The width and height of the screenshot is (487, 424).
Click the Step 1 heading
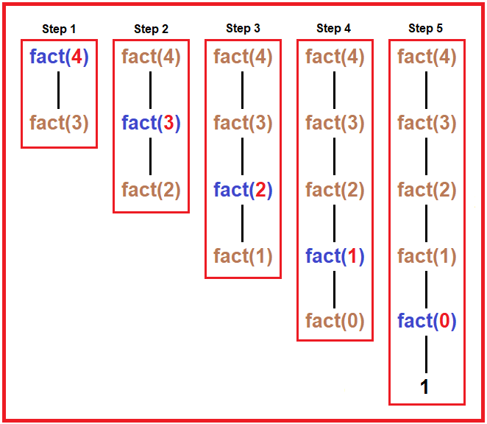click(x=59, y=29)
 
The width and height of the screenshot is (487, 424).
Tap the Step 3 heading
click(x=243, y=28)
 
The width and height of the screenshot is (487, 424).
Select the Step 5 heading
click(x=427, y=28)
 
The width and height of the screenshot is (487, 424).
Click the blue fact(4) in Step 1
click(x=59, y=57)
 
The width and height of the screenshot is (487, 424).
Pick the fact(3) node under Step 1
click(x=59, y=123)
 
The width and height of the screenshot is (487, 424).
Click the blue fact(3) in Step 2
click(x=151, y=123)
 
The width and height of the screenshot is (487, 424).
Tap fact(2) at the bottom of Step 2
click(x=151, y=190)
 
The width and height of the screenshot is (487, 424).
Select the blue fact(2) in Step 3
click(x=243, y=190)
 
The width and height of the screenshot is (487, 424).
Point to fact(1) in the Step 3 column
click(x=243, y=256)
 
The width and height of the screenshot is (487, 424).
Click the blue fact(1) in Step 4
click(x=335, y=256)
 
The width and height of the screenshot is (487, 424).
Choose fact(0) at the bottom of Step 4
click(x=335, y=322)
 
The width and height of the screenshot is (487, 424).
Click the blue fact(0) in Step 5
click(x=427, y=322)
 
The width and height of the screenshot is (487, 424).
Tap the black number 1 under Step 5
click(x=424, y=387)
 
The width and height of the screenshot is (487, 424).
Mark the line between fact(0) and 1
click(x=426, y=355)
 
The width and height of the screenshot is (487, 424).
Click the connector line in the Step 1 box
click(x=59, y=90)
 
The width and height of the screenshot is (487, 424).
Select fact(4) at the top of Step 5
click(x=427, y=57)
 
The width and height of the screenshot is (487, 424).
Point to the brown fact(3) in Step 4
click(x=335, y=123)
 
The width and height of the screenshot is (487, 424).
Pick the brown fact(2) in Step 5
click(x=427, y=190)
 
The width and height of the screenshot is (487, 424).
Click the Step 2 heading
click(x=151, y=29)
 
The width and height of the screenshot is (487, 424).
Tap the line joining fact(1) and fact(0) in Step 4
click(x=335, y=289)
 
